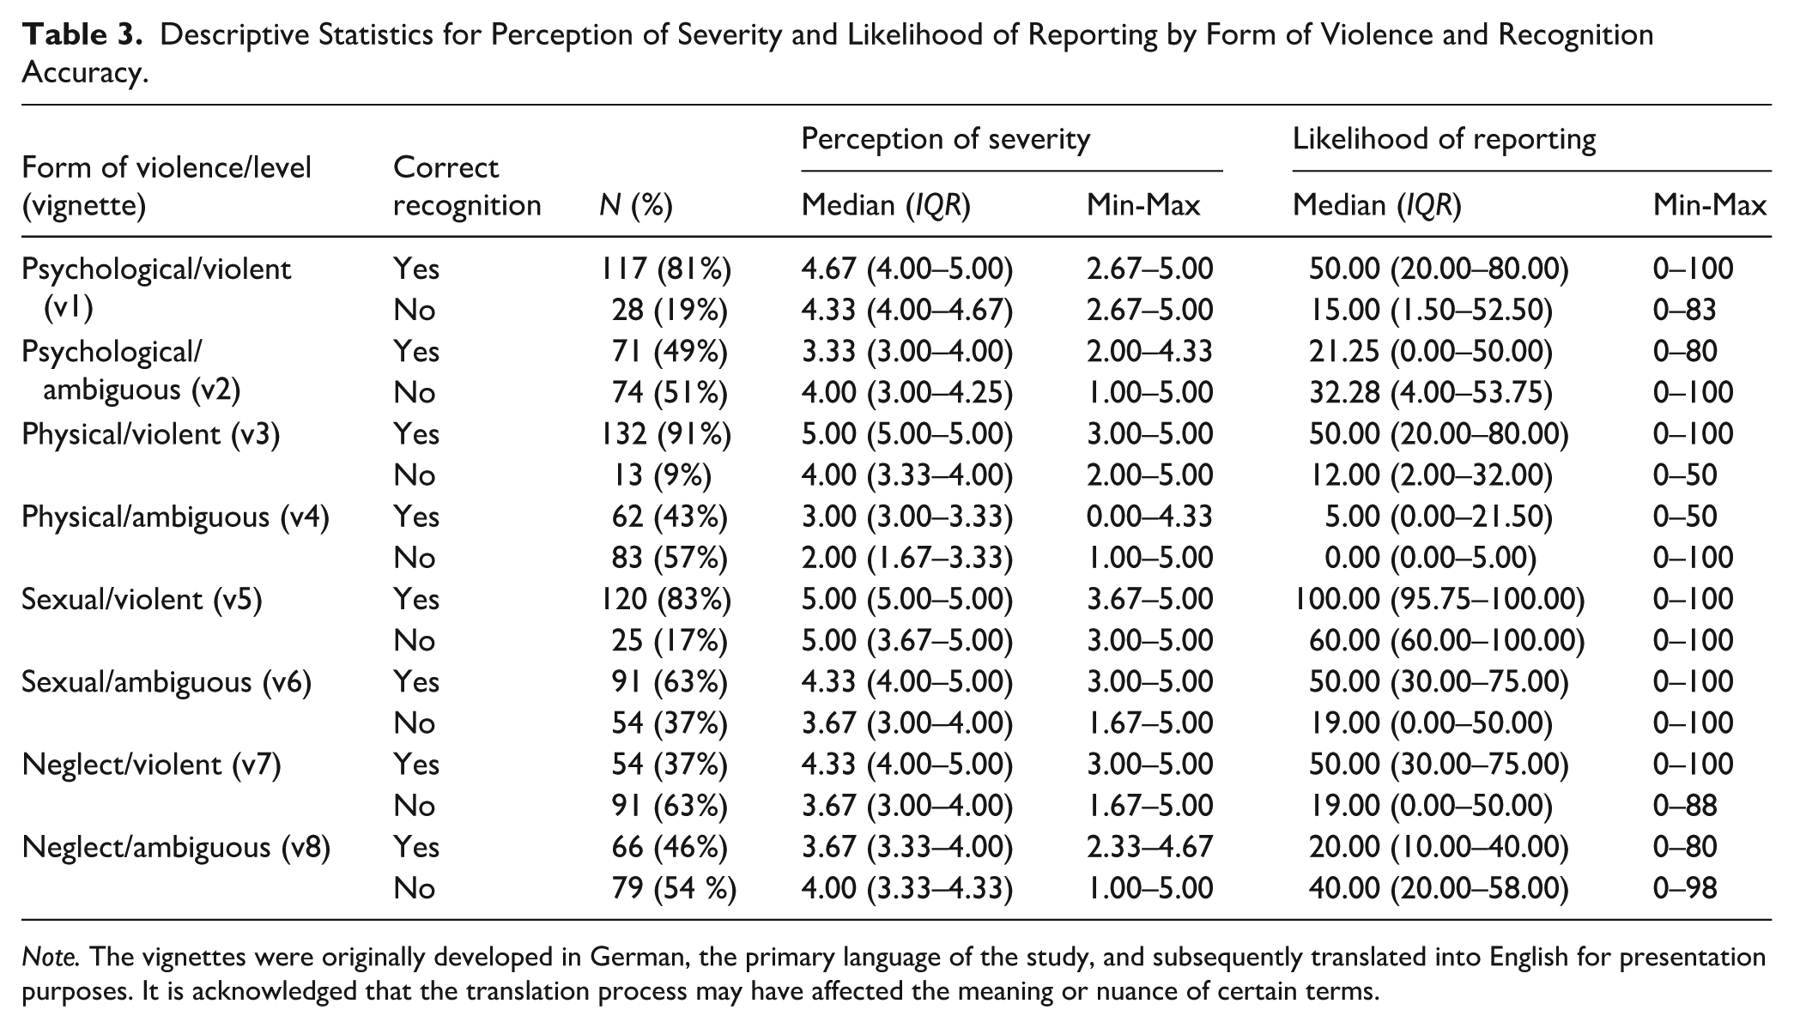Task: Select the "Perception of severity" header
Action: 945,139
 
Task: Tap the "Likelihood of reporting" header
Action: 1444,139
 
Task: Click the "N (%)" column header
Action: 635,206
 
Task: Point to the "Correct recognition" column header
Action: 467,186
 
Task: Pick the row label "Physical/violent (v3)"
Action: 151,434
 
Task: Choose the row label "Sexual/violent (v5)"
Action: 142,599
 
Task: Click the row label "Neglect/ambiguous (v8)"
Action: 176,847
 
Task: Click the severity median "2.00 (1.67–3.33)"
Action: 906,558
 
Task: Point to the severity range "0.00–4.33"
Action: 1149,517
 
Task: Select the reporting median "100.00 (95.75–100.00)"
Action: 1439,599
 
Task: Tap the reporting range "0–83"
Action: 1684,310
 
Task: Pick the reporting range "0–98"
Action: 1684,888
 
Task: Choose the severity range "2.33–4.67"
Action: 1149,847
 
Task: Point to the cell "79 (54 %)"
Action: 674,888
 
